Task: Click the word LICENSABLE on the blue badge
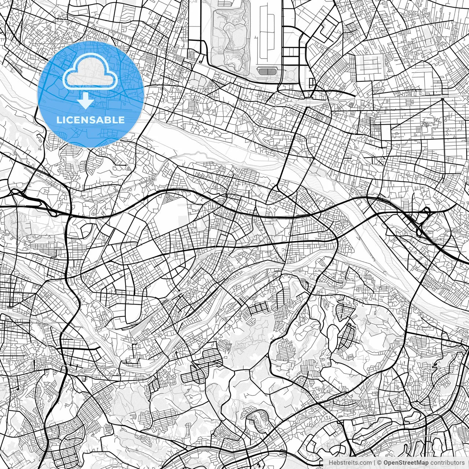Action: [x=90, y=120]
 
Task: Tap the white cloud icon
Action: [x=90, y=71]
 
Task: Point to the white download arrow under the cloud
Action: [x=86, y=100]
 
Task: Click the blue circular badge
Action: [x=90, y=95]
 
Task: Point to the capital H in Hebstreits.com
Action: [x=331, y=463]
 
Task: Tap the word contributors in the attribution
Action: [x=447, y=463]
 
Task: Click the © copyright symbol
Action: [x=380, y=463]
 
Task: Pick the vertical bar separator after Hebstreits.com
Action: [x=374, y=463]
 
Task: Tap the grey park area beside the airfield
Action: [x=230, y=35]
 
